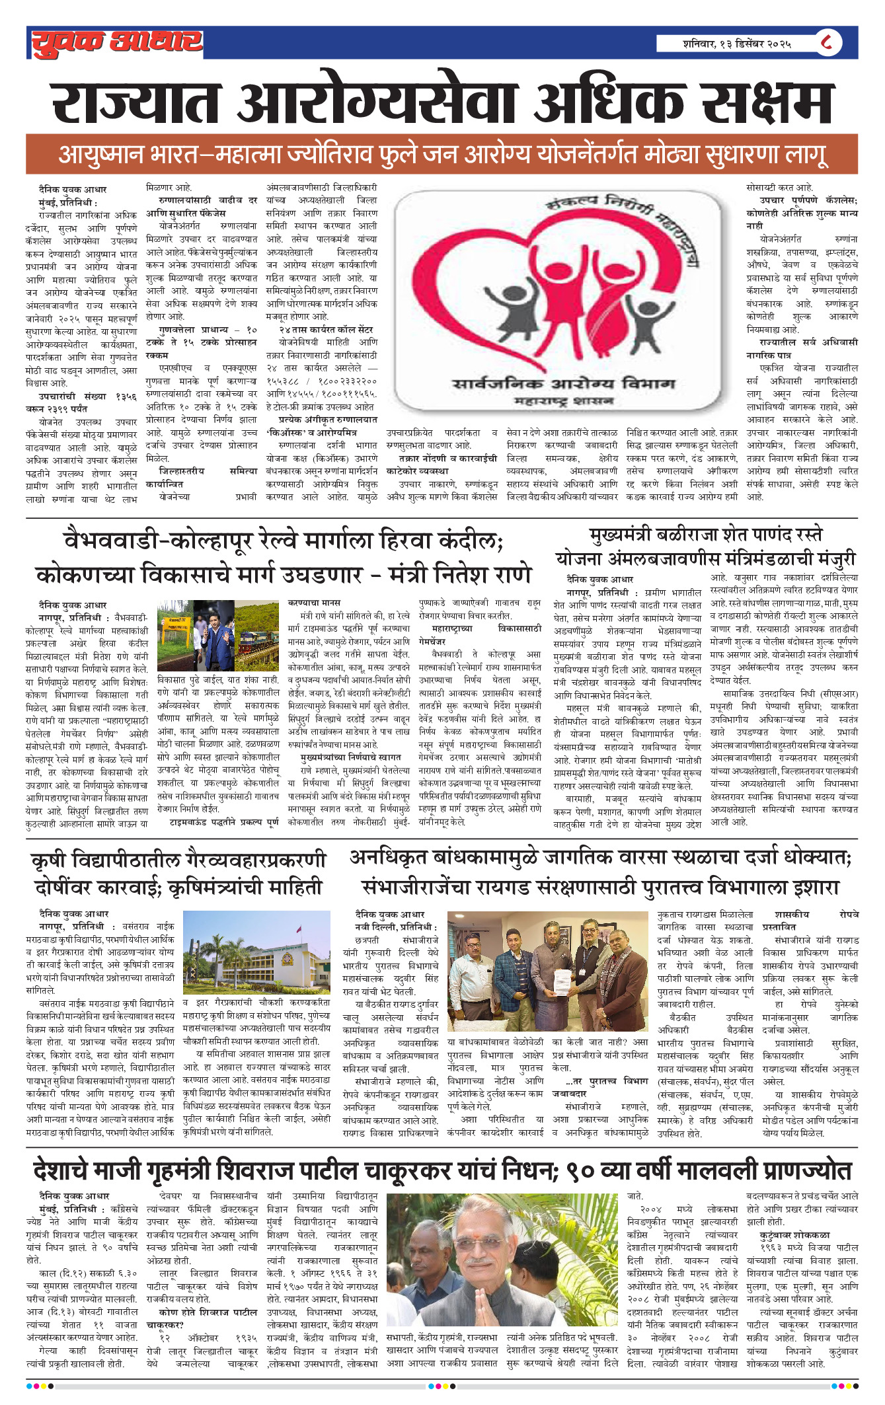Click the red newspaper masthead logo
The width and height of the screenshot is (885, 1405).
pos(116,42)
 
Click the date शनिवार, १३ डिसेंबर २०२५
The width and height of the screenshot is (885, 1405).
pos(737,44)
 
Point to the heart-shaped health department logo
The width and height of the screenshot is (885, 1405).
pos(557,290)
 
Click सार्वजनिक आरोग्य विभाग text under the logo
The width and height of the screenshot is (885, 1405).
pos(563,384)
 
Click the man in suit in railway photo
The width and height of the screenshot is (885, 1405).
pos(217,635)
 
